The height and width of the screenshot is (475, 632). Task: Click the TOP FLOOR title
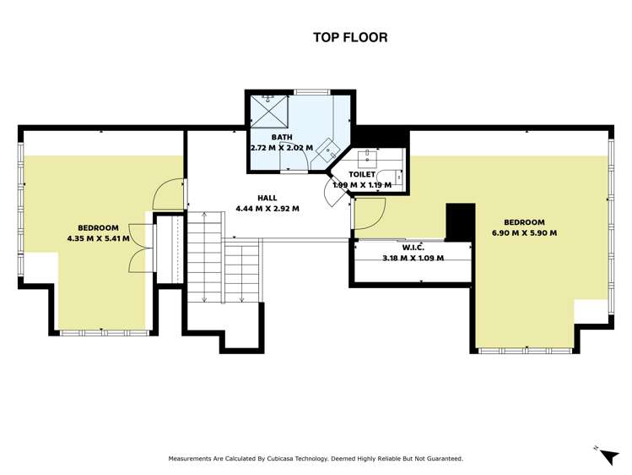350,37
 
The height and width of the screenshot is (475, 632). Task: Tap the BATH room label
282,137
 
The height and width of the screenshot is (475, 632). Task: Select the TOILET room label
362,174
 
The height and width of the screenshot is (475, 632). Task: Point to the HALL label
267,198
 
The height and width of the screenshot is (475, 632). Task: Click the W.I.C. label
413,248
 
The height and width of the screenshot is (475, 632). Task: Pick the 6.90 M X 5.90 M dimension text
524,233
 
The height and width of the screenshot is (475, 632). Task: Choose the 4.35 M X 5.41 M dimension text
99,238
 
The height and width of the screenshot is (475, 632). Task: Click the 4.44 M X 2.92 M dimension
267,209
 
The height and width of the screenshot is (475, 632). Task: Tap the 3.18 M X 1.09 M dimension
413,258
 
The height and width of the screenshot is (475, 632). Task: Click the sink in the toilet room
368,156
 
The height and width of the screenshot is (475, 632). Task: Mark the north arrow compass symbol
608,455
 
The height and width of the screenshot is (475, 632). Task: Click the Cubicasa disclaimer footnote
316,458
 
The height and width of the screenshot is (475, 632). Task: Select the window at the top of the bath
312,92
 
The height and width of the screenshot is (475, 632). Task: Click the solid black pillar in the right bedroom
461,222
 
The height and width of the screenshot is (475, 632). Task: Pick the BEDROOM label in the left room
99,227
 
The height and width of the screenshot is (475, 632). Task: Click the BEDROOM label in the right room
524,222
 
